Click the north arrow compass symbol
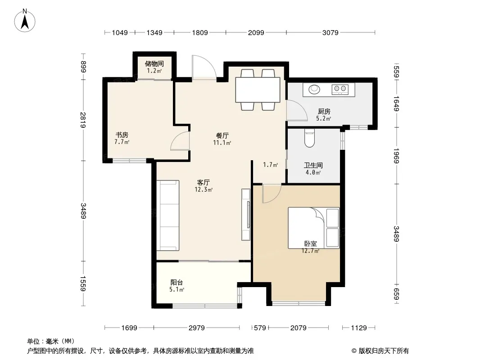point(25,21)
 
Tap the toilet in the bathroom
point(310,138)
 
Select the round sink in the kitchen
point(314,89)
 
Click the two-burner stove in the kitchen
point(340,89)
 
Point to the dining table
point(258,90)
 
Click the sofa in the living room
point(168,216)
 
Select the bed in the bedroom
point(313,228)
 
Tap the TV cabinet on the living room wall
point(246,214)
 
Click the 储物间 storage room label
point(154,63)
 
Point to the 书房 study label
point(122,135)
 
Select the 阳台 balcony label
point(177,282)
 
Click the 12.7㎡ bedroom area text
point(310,251)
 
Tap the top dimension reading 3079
point(331,33)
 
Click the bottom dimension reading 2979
point(196,328)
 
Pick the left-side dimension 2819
point(83,120)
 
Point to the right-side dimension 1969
point(396,156)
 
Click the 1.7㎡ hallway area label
point(270,165)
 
